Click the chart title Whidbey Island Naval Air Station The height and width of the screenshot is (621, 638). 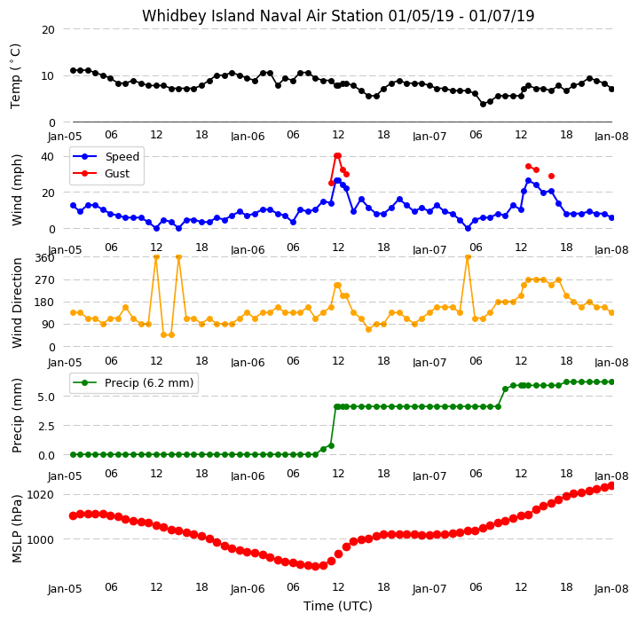(263, 16)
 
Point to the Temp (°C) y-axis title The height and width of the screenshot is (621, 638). (15, 76)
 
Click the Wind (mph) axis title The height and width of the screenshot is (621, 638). (17, 190)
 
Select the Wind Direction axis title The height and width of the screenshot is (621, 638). (17, 303)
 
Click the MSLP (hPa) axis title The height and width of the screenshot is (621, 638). (17, 529)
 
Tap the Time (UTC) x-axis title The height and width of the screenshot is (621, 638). (338, 606)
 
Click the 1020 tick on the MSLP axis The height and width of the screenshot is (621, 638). (40, 494)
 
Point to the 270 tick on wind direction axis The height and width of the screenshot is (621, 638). (45, 280)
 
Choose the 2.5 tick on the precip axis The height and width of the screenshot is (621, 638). (46, 426)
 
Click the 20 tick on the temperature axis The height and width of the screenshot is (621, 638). (48, 29)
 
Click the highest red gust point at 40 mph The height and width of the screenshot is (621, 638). (337, 156)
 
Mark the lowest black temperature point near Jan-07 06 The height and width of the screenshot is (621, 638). (483, 104)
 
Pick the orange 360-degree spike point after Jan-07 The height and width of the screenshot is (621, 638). (468, 257)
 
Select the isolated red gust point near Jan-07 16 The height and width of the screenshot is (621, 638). (551, 176)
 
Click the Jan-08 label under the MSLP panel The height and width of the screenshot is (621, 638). (611, 589)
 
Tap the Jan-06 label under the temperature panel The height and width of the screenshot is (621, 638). (248, 137)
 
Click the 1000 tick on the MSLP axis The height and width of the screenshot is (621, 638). (40, 539)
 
